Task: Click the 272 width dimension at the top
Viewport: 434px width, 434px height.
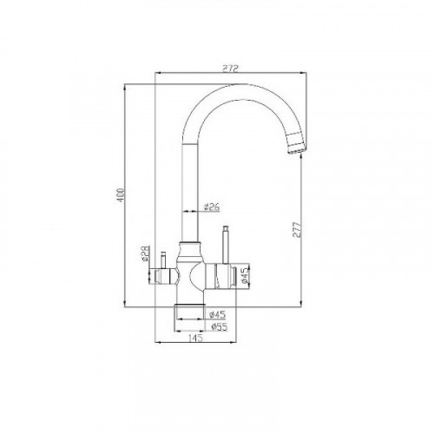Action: point(230,68)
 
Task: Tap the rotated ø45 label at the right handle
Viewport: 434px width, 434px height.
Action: point(246,275)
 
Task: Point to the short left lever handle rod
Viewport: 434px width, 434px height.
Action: point(161,261)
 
